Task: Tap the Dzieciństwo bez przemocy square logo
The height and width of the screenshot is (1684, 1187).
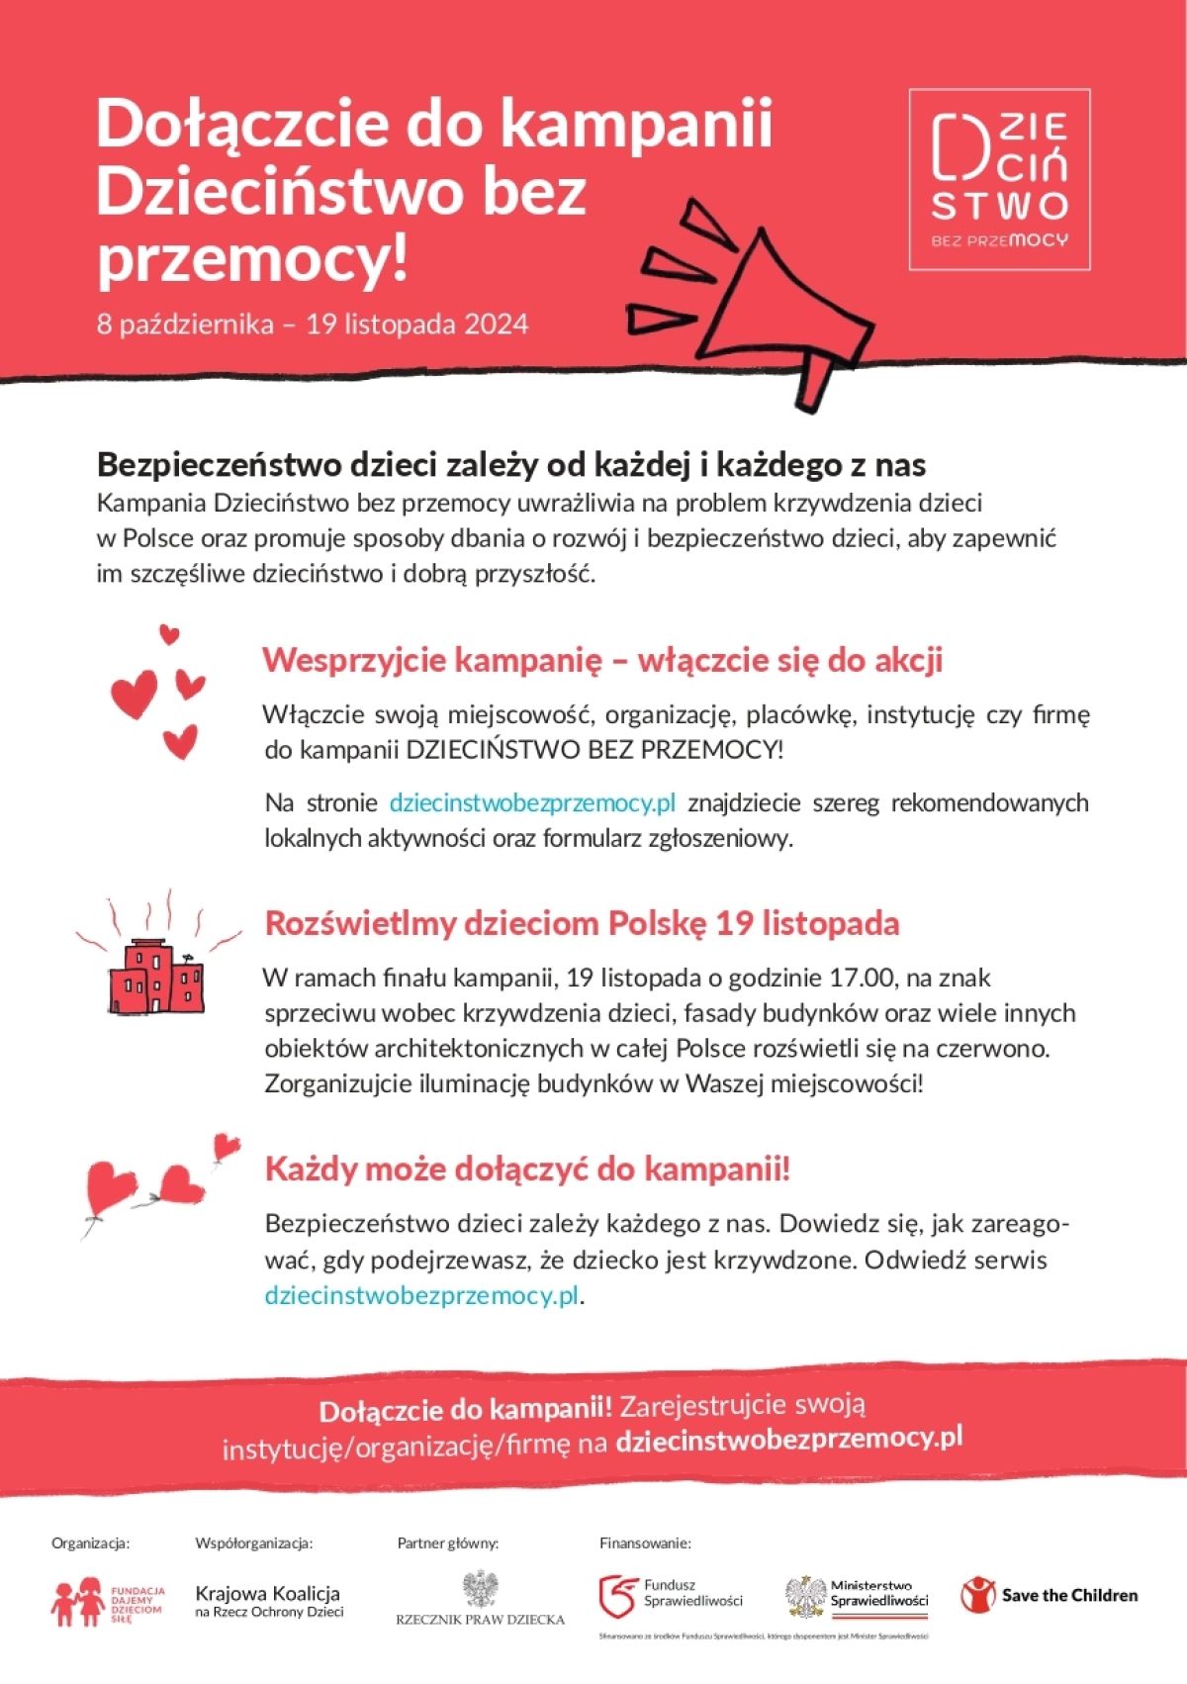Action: pos(999,179)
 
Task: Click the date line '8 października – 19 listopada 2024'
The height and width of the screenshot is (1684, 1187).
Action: pos(313,325)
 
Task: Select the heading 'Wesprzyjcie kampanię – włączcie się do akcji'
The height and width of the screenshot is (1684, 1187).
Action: pos(602,660)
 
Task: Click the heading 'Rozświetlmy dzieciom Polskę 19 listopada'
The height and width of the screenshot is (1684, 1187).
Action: pos(582,923)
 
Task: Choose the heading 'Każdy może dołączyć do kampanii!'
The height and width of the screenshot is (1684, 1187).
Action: pos(527,1169)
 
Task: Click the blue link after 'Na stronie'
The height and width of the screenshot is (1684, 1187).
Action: pos(532,802)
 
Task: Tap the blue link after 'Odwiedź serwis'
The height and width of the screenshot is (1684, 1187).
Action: pos(421,1295)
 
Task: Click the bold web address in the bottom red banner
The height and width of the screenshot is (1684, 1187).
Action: pos(788,1438)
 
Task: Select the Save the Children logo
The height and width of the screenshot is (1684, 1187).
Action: pos(1050,1595)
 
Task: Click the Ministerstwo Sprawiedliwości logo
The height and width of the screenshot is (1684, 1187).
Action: pos(858,1595)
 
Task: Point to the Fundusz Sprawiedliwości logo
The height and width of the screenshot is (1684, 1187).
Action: pos(672,1593)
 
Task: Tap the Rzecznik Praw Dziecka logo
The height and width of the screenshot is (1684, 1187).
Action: pos(481,1598)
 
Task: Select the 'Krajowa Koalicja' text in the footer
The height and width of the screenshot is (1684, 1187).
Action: pos(268,1594)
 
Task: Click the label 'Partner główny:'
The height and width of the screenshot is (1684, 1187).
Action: pos(448,1543)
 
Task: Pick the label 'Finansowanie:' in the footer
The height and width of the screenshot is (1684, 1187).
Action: pos(645,1543)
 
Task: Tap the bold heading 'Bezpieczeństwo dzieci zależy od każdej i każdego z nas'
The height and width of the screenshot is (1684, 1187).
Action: pos(511,465)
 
